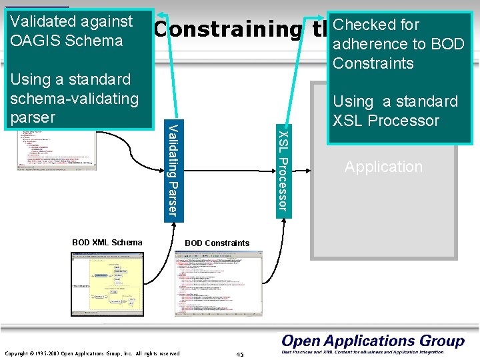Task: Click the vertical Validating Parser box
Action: (x=173, y=170)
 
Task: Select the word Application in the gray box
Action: (x=383, y=167)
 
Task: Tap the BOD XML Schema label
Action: (x=107, y=242)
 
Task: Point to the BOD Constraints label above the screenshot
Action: (x=217, y=243)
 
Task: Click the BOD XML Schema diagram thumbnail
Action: (x=107, y=285)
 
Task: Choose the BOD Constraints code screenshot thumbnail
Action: (x=218, y=283)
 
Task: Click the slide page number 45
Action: (x=240, y=354)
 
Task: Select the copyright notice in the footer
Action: (x=92, y=353)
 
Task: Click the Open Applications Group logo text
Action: (x=373, y=341)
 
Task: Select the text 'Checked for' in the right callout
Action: (x=376, y=25)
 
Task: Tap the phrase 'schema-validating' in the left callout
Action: (x=75, y=99)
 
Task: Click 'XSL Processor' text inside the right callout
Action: (x=386, y=121)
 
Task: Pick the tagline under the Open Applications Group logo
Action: (x=373, y=353)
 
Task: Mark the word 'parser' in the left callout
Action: (x=32, y=117)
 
